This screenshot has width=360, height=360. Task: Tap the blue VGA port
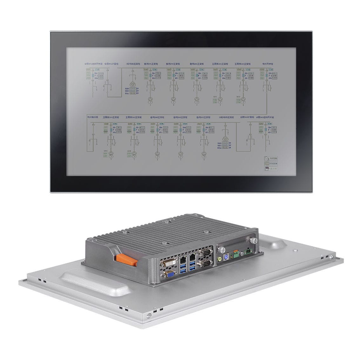[170, 275]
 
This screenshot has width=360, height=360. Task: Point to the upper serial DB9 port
[203, 253]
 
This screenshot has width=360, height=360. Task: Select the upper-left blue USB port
[184, 268]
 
